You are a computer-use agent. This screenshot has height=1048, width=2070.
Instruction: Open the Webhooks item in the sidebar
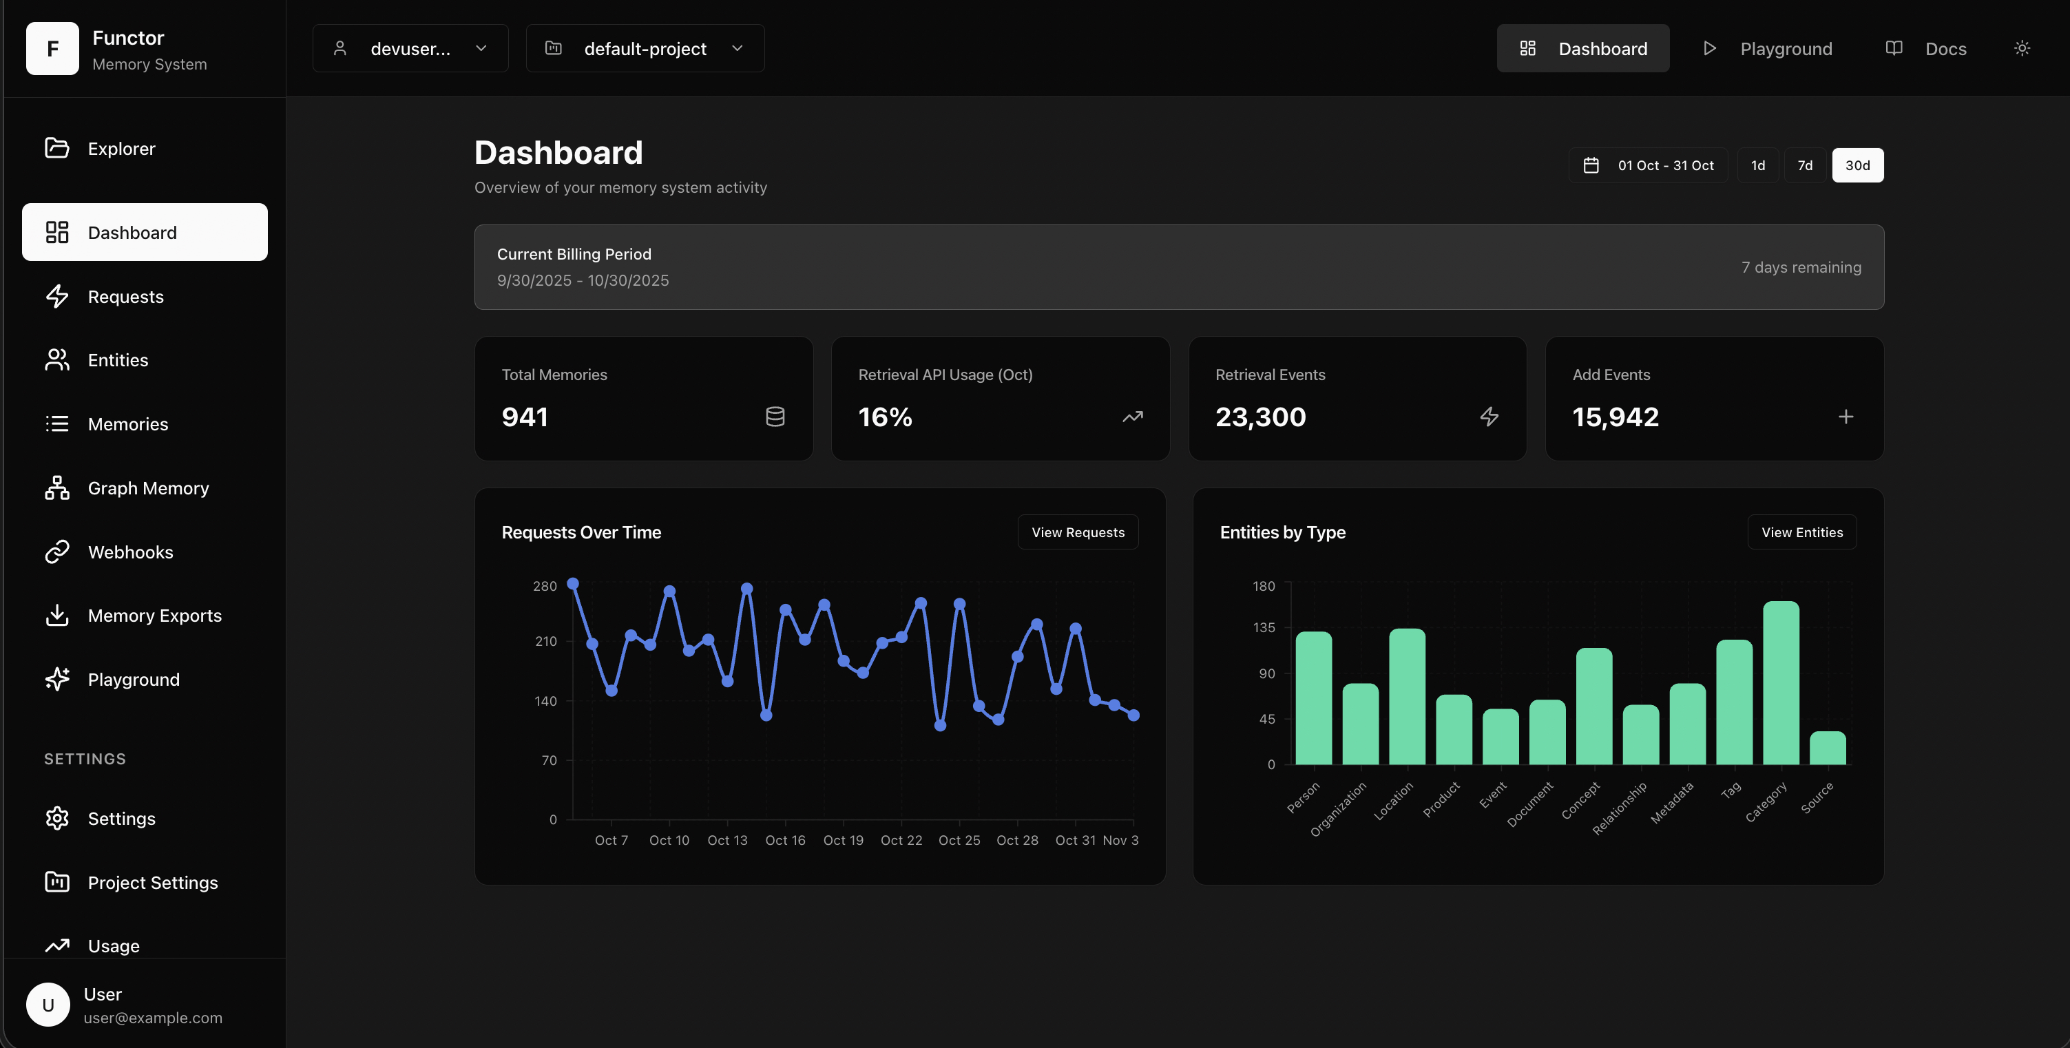[x=129, y=552]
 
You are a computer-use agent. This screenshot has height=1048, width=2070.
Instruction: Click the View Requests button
[x=1078, y=532]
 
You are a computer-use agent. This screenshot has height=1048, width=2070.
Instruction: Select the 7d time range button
[x=1805, y=165]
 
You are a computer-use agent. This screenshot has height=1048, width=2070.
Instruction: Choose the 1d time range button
[x=1757, y=165]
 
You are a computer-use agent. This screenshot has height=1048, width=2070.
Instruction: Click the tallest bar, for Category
[x=1781, y=683]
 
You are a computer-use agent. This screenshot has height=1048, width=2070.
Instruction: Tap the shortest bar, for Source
[x=1828, y=748]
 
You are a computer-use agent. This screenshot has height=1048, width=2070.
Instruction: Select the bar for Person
[x=1313, y=698]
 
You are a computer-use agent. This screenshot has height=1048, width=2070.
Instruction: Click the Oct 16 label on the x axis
[x=784, y=840]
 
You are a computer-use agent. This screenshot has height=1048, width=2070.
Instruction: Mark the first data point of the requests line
[x=573, y=583]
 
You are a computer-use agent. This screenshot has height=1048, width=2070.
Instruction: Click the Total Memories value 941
[x=525, y=417]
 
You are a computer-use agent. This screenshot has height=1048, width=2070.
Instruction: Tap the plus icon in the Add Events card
[x=1846, y=417]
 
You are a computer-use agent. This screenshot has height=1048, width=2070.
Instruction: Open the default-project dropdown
[x=645, y=48]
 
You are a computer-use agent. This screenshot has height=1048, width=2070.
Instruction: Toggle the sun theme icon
[x=2022, y=48]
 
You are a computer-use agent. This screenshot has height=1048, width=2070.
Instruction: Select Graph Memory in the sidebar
[x=148, y=488]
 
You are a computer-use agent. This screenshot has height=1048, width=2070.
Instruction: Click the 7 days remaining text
[x=1801, y=267]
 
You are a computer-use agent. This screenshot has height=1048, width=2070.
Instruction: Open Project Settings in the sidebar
[x=153, y=883]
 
